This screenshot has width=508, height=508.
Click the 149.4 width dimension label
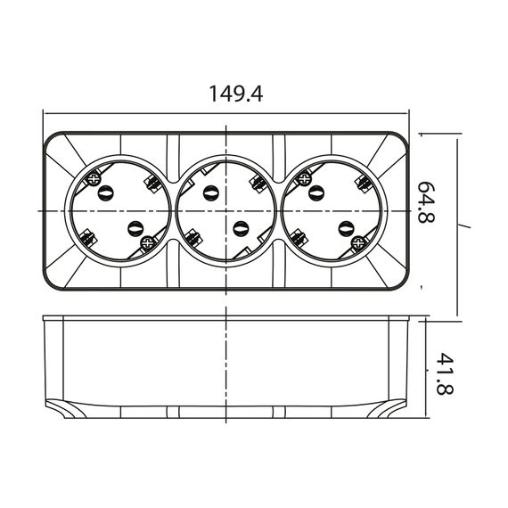[x=235, y=94]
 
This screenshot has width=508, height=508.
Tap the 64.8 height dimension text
[x=426, y=201]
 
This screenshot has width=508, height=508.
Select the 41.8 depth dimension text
[x=444, y=373]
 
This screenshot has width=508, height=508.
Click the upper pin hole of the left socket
[x=106, y=193]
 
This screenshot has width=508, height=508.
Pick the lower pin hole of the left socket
[x=135, y=229]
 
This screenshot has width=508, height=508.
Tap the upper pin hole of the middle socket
[x=210, y=193]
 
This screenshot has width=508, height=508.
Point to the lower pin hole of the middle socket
[x=241, y=229]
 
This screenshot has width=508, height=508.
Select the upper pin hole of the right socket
[x=316, y=193]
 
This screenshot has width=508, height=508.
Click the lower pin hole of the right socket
[x=347, y=229]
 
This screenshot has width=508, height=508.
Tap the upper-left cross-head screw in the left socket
[x=94, y=179]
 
